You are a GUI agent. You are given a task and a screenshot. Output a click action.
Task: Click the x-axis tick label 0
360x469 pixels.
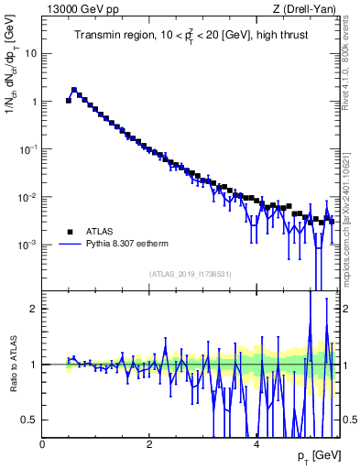tap(43, 445)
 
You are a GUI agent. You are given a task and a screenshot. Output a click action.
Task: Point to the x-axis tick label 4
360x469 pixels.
tap(256, 445)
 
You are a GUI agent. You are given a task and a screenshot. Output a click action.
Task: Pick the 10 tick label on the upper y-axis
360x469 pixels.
tap(31, 53)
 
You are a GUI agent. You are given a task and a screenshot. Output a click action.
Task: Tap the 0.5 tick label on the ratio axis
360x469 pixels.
tap(30, 420)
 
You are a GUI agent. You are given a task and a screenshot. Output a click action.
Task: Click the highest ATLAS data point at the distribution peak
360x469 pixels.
tap(74, 91)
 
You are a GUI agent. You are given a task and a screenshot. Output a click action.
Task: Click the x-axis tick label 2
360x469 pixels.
tap(149, 445)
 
